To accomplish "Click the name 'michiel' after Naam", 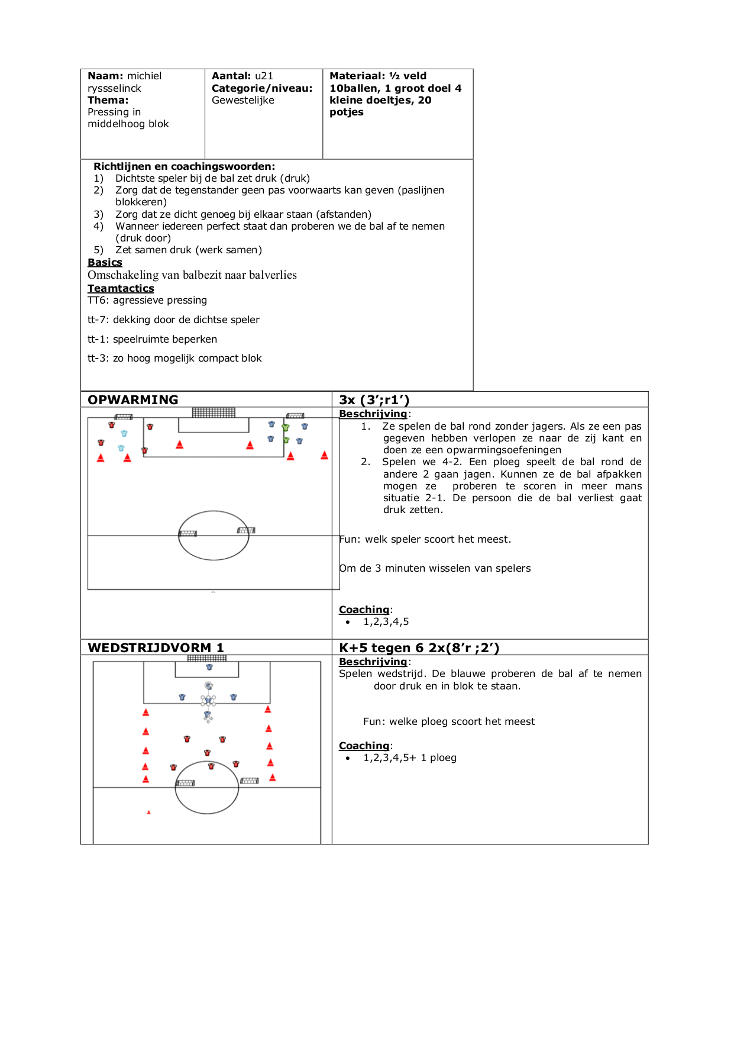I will pyautogui.click(x=144, y=76).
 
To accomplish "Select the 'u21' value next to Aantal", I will pyautogui.click(x=264, y=76).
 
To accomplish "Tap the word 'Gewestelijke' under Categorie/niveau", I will pyautogui.click(x=243, y=100).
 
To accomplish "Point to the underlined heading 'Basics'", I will pyautogui.click(x=105, y=262).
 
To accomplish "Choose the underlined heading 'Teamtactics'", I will pyautogui.click(x=121, y=288).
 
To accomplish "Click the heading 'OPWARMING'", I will pyautogui.click(x=133, y=399).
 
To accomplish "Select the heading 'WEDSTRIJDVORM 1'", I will pyautogui.click(x=156, y=647).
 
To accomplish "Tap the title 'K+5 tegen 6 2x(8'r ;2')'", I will pyautogui.click(x=419, y=647).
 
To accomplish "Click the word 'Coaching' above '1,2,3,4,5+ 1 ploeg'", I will pyautogui.click(x=364, y=746).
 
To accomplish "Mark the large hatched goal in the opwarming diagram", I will pyautogui.click(x=214, y=412).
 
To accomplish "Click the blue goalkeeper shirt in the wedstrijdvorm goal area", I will pyautogui.click(x=209, y=667).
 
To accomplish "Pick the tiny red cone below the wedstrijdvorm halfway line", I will pyautogui.click(x=149, y=813).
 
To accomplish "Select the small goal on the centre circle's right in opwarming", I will pyautogui.click(x=246, y=530).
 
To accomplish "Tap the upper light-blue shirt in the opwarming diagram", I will pyautogui.click(x=124, y=433).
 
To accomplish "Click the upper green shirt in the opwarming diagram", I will pyautogui.click(x=286, y=427).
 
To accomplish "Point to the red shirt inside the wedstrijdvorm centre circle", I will pyautogui.click(x=211, y=766).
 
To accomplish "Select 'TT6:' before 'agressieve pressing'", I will pyautogui.click(x=98, y=300).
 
